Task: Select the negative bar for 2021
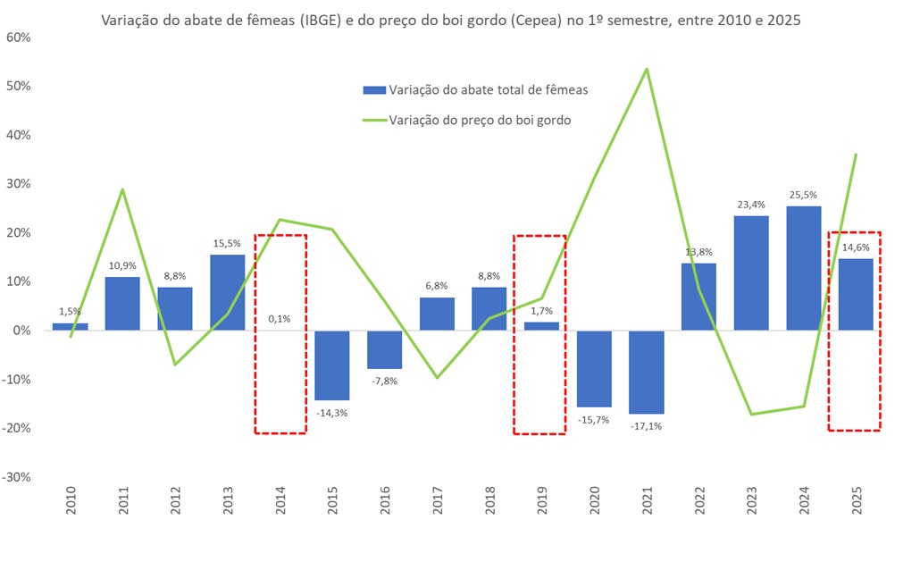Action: coord(646,372)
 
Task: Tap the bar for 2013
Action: coord(227,292)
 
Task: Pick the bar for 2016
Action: coord(384,349)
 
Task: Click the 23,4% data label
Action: coord(751,205)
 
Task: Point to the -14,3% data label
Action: coord(332,412)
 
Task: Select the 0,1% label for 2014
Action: coord(280,318)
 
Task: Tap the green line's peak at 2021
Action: coord(646,69)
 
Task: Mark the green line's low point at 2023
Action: coord(751,414)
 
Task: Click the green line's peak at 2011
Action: coord(122,189)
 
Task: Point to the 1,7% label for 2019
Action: coord(541,311)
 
